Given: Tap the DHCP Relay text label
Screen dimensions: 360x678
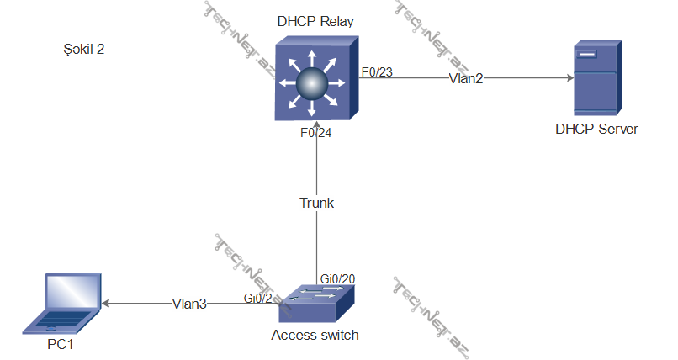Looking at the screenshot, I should [315, 21].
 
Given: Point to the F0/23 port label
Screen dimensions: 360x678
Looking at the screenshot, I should [376, 72].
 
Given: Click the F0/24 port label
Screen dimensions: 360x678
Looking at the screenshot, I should [315, 133].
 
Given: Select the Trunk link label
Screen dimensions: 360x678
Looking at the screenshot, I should [316, 203].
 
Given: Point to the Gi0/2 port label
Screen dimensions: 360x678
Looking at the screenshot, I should [257, 298].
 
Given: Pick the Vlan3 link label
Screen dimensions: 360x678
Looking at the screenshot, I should [189, 304].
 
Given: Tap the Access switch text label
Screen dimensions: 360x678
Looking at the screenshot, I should [315, 335].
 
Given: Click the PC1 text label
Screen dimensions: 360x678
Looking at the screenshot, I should [63, 344].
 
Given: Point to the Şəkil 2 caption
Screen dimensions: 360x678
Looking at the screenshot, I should [83, 50].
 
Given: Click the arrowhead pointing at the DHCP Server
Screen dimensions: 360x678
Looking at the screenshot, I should [569, 78].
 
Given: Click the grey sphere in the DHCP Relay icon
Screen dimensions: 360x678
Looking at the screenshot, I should [312, 82].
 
